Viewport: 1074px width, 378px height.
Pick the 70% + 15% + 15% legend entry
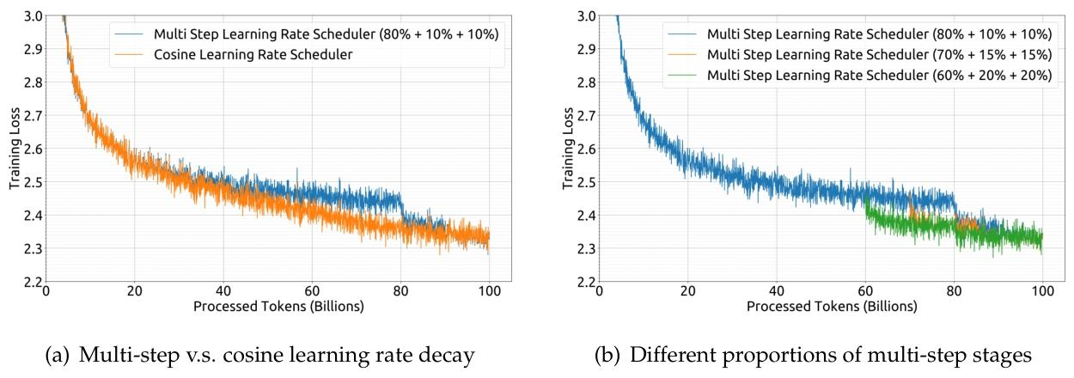871,54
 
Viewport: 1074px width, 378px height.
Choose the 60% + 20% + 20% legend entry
871,74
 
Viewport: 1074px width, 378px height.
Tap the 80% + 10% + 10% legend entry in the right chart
871,34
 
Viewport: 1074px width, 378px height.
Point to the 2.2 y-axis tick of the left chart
30,283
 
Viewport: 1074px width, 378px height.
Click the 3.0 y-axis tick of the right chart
583,16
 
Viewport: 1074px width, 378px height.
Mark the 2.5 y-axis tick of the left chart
30,182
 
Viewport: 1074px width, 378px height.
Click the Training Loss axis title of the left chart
14,149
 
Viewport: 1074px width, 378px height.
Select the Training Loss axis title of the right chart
567,149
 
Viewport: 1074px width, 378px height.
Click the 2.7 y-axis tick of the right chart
583,116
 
